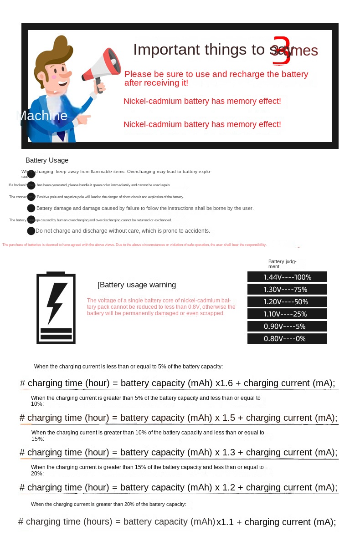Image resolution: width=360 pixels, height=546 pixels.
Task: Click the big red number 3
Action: pyautogui.click(x=281, y=51)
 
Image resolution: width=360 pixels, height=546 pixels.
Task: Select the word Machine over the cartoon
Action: pyautogui.click(x=42, y=116)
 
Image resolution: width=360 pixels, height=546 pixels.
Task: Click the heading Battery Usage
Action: pyautogui.click(x=47, y=160)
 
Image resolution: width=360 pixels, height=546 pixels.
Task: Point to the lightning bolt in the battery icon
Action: pyautogui.click(x=57, y=302)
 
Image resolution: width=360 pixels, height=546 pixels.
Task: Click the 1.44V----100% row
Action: pyautogui.click(x=287, y=277)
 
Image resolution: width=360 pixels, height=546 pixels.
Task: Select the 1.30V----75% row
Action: pyautogui.click(x=287, y=289)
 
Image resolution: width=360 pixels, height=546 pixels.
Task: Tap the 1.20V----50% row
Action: pyautogui.click(x=287, y=301)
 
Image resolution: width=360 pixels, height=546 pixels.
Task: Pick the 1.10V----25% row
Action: pyautogui.click(x=287, y=314)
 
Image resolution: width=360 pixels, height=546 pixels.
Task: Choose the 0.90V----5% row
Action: pyautogui.click(x=287, y=326)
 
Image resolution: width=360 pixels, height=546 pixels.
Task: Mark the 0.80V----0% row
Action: pyautogui.click(x=287, y=338)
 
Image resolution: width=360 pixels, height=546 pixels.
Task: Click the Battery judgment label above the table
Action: pyautogui.click(x=282, y=264)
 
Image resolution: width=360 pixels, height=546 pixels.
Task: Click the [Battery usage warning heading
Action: pyautogui.click(x=137, y=285)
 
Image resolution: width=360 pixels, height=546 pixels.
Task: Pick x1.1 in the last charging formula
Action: pyautogui.click(x=225, y=522)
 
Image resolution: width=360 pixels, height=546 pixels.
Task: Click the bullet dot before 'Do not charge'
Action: pyautogui.click(x=31, y=231)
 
